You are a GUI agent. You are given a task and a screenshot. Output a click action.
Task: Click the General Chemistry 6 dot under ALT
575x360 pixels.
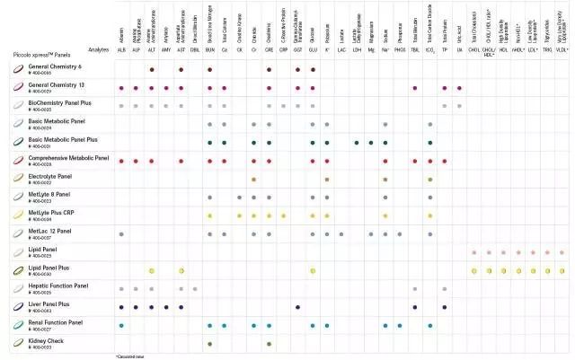152,69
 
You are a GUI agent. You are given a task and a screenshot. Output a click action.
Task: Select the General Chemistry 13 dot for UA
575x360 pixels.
459,88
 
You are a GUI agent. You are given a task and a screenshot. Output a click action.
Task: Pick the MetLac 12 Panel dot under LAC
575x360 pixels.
341,233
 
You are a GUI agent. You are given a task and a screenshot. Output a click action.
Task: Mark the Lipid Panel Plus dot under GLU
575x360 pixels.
313,270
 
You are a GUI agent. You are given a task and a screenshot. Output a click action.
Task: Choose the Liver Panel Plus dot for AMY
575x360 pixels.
166,307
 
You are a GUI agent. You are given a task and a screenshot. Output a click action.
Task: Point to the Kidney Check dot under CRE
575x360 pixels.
269,344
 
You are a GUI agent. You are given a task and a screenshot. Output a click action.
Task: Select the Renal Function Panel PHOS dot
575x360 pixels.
400,325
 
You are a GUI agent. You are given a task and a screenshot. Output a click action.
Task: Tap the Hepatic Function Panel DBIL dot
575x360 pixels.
195,289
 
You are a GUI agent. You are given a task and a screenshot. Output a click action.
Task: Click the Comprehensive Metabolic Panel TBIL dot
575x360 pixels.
415,161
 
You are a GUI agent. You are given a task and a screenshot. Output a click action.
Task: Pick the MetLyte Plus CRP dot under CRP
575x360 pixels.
283,215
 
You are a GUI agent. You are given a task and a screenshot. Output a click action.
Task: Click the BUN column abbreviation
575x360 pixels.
209,50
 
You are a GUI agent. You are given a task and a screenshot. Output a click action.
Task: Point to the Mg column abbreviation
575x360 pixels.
370,50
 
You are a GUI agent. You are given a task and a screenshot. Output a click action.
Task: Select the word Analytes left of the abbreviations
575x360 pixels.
99,50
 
